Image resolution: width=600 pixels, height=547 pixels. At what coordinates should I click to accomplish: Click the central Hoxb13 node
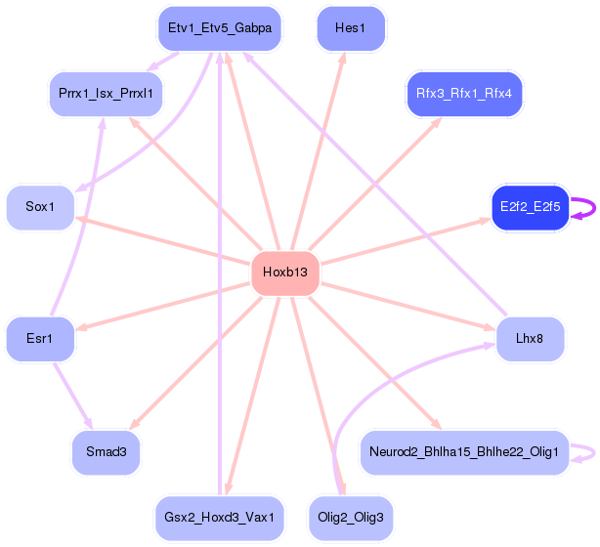click(285, 273)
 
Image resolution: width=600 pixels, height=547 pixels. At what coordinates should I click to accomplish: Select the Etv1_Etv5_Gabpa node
click(220, 28)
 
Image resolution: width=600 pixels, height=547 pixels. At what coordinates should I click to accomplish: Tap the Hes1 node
click(351, 28)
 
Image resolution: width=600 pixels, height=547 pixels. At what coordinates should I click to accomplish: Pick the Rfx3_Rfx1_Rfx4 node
click(464, 94)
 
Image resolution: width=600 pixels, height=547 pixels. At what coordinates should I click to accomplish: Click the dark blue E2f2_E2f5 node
click(530, 207)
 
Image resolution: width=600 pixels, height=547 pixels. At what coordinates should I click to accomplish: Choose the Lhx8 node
click(530, 339)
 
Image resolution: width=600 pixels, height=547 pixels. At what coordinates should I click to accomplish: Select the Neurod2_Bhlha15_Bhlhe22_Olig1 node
click(464, 452)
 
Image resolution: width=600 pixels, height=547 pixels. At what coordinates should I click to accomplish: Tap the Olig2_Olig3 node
click(351, 518)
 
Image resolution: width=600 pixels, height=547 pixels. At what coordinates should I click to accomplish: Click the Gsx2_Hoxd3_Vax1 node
click(220, 518)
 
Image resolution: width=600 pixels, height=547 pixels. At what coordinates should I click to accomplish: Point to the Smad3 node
click(106, 452)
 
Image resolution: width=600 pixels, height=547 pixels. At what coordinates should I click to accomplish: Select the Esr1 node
click(40, 339)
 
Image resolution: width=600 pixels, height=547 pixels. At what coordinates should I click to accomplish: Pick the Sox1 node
click(40, 207)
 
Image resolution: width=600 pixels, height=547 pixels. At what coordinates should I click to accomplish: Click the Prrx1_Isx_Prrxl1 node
click(106, 94)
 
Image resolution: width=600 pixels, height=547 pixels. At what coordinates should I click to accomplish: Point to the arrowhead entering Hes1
click(343, 59)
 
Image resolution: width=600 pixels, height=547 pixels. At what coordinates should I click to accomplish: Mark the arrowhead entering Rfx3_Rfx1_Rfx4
click(437, 123)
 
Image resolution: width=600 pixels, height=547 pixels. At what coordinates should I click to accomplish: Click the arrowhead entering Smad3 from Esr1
click(88, 424)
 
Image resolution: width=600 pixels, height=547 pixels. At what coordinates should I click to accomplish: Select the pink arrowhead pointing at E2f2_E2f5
click(486, 221)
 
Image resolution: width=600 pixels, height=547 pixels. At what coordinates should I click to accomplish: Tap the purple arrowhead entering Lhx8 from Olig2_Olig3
click(490, 346)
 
